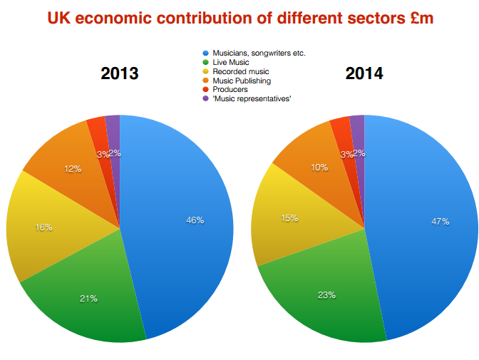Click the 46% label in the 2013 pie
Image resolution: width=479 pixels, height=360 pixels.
coord(195,220)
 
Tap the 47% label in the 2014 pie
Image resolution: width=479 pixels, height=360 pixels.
coord(440,222)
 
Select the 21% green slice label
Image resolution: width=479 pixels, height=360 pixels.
coord(88,299)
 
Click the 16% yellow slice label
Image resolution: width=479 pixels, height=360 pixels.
coord(44,227)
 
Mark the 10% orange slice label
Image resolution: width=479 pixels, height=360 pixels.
coord(319,167)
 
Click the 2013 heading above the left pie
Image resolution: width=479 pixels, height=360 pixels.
coord(119,73)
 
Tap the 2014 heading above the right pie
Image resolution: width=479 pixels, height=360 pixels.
coord(364,73)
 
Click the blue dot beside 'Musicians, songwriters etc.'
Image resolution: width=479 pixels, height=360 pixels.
coord(205,53)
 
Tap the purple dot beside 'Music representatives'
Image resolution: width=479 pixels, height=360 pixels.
coord(205,99)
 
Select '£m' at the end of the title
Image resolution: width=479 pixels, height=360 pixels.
coord(416,19)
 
